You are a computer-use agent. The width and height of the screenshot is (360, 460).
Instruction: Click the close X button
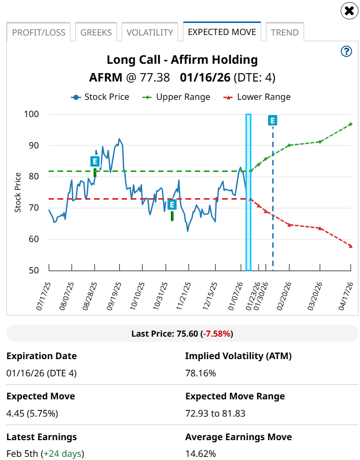349,10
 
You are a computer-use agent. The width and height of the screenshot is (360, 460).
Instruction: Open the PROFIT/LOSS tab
39,32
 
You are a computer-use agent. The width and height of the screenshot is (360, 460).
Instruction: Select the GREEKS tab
96,32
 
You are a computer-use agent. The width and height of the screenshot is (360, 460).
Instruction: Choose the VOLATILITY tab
149,32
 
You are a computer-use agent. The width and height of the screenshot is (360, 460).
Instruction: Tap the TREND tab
285,32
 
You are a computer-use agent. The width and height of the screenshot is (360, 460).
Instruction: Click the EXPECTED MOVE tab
222,32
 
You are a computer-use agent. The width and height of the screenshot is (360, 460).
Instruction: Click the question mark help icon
346,51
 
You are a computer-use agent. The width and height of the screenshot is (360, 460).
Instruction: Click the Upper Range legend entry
178,97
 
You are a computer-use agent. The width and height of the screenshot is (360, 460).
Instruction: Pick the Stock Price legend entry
101,97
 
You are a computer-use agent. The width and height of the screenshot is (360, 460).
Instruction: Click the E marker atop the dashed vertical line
273,121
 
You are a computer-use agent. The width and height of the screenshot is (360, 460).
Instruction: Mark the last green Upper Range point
351,124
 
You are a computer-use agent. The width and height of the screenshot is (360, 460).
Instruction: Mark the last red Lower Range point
351,246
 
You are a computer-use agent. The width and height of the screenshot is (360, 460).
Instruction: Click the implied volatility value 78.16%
201,373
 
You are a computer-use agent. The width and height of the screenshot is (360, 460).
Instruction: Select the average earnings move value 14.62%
201,453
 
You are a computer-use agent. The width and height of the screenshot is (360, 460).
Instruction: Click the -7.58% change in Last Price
218,333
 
